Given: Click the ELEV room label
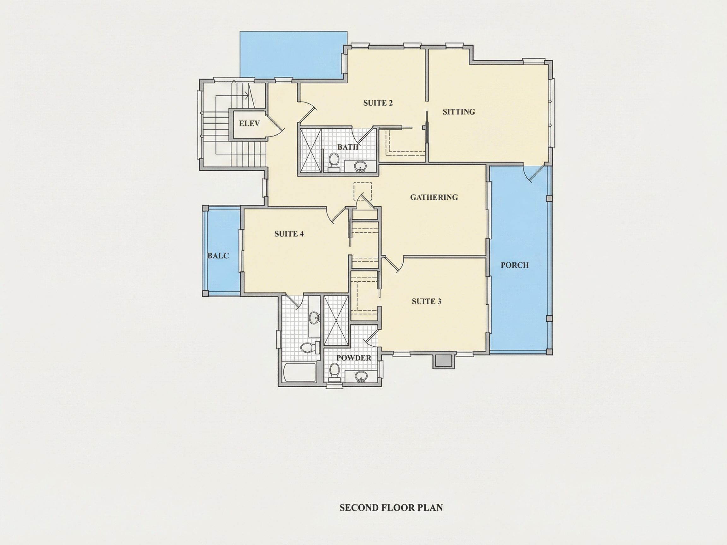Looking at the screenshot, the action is [x=249, y=124].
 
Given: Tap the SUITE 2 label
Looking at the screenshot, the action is [x=378, y=103].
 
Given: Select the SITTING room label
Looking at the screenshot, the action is [x=459, y=112].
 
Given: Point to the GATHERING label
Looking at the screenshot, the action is [x=434, y=197].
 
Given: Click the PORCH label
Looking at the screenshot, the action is [x=515, y=265].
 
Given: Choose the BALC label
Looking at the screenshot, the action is [x=218, y=255].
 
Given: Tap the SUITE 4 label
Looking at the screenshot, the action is [x=289, y=234].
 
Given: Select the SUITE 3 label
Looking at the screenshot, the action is [x=427, y=301].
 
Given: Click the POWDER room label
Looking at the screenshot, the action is [x=354, y=358].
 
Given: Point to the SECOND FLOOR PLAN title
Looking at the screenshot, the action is [x=391, y=507].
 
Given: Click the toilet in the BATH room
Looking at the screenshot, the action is [x=334, y=162].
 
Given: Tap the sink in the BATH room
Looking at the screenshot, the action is [x=361, y=167].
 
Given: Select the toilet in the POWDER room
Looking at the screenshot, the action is [x=334, y=372].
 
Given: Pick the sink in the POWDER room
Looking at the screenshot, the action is [x=361, y=377].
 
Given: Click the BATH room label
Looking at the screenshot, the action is [x=348, y=147].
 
